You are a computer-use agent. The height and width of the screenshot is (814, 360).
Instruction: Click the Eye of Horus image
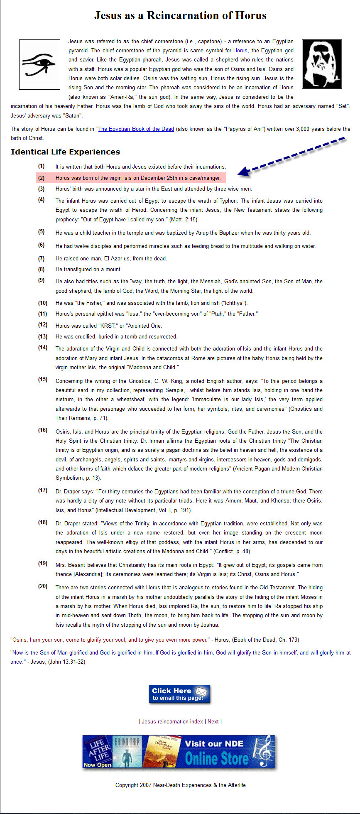click(x=39, y=64)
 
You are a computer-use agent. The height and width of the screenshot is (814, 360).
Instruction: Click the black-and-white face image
click(x=322, y=64)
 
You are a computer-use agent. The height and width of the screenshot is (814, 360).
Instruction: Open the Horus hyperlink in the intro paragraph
click(x=240, y=51)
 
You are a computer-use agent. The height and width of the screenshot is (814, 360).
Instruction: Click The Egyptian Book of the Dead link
click(x=136, y=129)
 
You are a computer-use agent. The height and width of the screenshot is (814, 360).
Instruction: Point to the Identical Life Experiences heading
click(x=65, y=152)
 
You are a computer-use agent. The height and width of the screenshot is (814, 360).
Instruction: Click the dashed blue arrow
click(x=292, y=154)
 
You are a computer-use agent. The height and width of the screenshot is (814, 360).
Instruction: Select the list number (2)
click(x=41, y=178)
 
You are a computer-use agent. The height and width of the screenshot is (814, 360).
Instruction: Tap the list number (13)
click(x=43, y=336)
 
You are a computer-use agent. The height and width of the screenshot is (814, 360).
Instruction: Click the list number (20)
click(x=43, y=586)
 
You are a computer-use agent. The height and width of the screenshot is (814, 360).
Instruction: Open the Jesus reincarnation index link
click(x=172, y=722)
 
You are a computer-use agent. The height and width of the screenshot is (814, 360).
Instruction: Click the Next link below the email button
click(x=213, y=722)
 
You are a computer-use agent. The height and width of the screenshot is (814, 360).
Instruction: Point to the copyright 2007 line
click(x=180, y=785)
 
